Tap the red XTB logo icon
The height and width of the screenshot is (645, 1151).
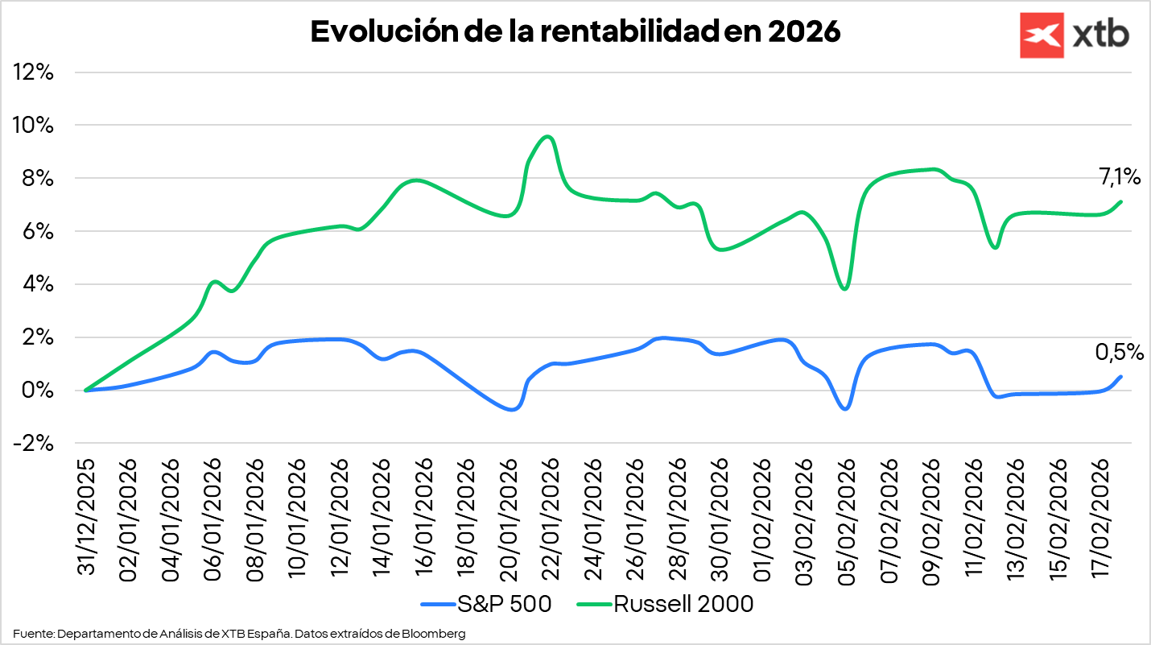1042,35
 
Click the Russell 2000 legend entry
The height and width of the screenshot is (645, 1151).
665,604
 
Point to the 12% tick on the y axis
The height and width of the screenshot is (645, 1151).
34,72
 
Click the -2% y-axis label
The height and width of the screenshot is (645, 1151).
34,444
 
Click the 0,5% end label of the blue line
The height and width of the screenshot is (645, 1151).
1119,352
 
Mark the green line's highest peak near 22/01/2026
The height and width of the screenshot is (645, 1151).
548,137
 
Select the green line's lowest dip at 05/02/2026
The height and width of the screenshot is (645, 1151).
844,288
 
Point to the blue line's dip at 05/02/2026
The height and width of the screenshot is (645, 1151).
844,408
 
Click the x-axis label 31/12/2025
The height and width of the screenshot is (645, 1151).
86,518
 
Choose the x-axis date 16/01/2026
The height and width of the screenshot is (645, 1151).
424,518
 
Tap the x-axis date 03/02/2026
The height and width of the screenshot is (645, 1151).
804,518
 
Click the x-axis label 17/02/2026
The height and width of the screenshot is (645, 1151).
1100,518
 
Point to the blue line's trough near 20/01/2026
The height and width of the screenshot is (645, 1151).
512,410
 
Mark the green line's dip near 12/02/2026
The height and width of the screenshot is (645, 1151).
996,246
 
